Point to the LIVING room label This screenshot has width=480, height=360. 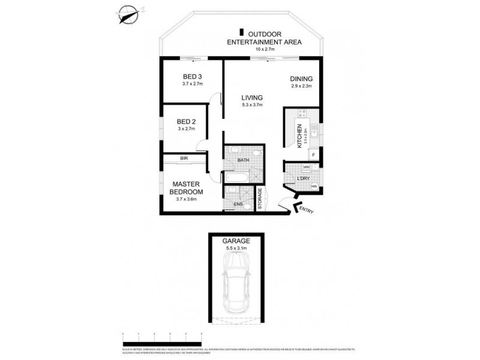(253, 98)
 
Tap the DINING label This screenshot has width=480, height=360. (301, 79)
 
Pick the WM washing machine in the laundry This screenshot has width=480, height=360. (306, 167)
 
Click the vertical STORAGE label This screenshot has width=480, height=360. (260, 199)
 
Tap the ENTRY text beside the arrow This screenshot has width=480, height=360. (307, 211)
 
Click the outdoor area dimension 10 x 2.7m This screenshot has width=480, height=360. (260, 49)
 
